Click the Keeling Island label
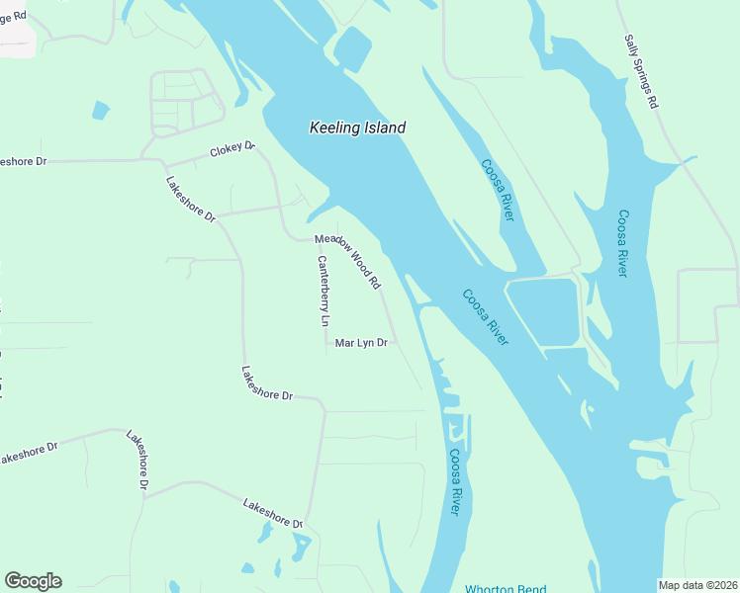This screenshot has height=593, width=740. pyautogui.click(x=357, y=127)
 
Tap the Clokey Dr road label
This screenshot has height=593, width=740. pyautogui.click(x=232, y=151)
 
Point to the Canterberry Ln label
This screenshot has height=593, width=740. pyautogui.click(x=322, y=291)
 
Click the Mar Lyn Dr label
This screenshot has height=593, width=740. pyautogui.click(x=360, y=343)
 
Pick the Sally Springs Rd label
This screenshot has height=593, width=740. pyautogui.click(x=640, y=70)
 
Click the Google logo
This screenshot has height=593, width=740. pyautogui.click(x=33, y=581)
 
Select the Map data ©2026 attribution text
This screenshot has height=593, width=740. pyautogui.click(x=698, y=585)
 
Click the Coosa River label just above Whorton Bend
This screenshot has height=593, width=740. pyautogui.click(x=455, y=481)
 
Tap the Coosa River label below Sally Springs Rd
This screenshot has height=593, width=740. pyautogui.click(x=622, y=242)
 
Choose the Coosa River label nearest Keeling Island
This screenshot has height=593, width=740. pyautogui.click(x=497, y=190)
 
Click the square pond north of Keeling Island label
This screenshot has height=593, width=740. pyautogui.click(x=352, y=47)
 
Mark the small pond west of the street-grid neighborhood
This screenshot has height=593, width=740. pyautogui.click(x=100, y=110)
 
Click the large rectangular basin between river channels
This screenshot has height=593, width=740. pyautogui.click(x=542, y=311)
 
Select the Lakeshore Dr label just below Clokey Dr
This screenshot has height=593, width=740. pyautogui.click(x=191, y=199)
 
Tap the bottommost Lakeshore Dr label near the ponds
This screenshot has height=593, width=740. pyautogui.click(x=273, y=512)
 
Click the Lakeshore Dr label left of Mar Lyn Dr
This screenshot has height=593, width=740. pyautogui.click(x=267, y=382)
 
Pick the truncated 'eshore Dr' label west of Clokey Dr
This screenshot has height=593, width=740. pyautogui.click(x=24, y=161)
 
